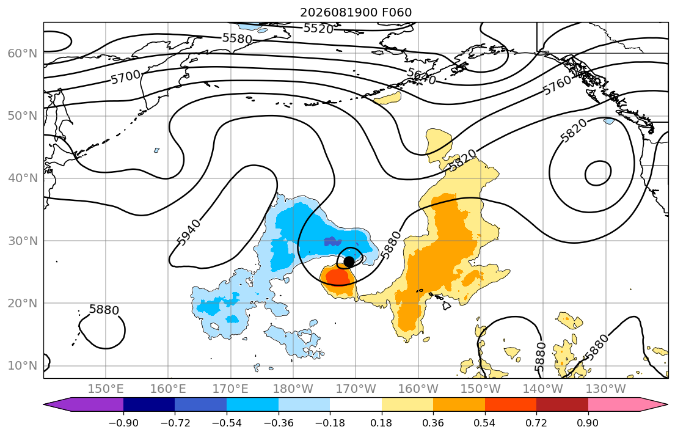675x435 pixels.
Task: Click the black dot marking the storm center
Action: [x=349, y=261]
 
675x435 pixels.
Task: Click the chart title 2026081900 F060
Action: [x=356, y=12]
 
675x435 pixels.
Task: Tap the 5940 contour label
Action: [x=189, y=233]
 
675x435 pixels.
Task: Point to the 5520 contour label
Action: [x=318, y=29]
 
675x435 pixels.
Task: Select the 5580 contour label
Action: [x=237, y=38]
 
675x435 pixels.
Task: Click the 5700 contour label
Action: [x=126, y=77]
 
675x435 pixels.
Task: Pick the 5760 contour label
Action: [x=557, y=85]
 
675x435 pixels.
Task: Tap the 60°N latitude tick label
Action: [x=23, y=53]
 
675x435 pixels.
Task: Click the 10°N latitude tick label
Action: [x=23, y=366]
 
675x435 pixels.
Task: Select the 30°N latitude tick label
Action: [x=23, y=241]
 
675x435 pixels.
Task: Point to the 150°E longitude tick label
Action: [x=106, y=389]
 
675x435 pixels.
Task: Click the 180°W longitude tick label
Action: [x=293, y=389]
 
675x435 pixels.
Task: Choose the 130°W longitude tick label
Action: [x=606, y=389]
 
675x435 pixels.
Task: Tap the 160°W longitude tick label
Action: [x=418, y=389]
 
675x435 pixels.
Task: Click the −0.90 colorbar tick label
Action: [x=123, y=423]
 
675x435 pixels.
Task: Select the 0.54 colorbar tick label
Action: [x=485, y=423]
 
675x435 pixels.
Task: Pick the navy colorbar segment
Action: [x=149, y=404]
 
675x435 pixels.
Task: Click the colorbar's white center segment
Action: [x=356, y=404]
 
